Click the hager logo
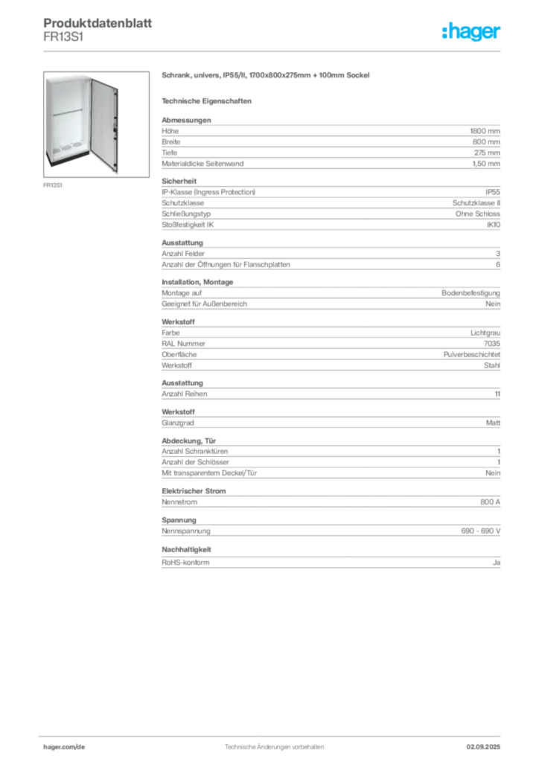pyautogui.click(x=471, y=31)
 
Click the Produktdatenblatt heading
pyautogui.click(x=98, y=23)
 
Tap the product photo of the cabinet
pyautogui.click(x=96, y=124)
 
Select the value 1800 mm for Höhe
pyautogui.click(x=485, y=131)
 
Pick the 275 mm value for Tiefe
pyautogui.click(x=487, y=153)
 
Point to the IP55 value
pyautogui.click(x=492, y=192)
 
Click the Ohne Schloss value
pyautogui.click(x=478, y=214)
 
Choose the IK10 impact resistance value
pyautogui.click(x=494, y=225)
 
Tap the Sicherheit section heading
pyautogui.click(x=179, y=181)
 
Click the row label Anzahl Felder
pyautogui.click(x=183, y=254)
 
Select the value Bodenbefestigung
pyautogui.click(x=471, y=293)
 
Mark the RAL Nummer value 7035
pyautogui.click(x=492, y=344)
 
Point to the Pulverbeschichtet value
pyautogui.click(x=471, y=355)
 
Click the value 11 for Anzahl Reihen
pyautogui.click(x=497, y=394)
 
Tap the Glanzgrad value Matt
pyautogui.click(x=493, y=423)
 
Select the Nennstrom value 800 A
pyautogui.click(x=490, y=502)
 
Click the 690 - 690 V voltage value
pyautogui.click(x=481, y=531)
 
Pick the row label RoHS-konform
pyautogui.click(x=185, y=563)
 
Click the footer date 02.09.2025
pyautogui.click(x=483, y=747)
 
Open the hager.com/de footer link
pyautogui.click(x=64, y=747)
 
